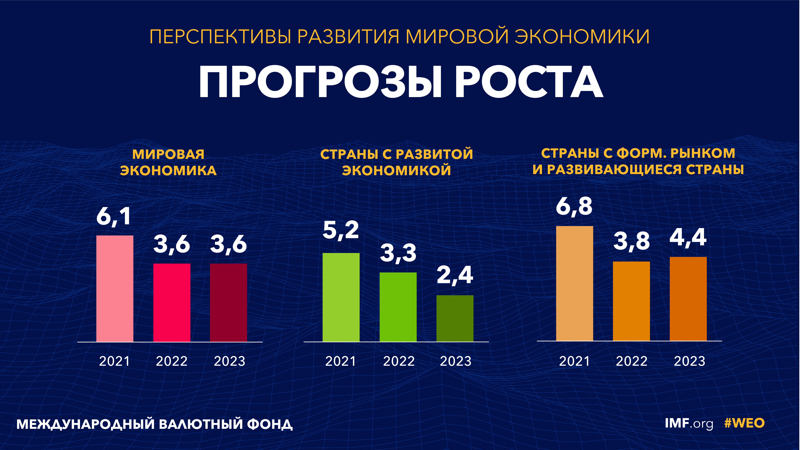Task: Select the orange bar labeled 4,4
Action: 688,299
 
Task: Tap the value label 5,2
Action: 341,230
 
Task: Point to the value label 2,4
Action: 455,275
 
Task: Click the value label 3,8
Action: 631,241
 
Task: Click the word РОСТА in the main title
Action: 529,82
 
